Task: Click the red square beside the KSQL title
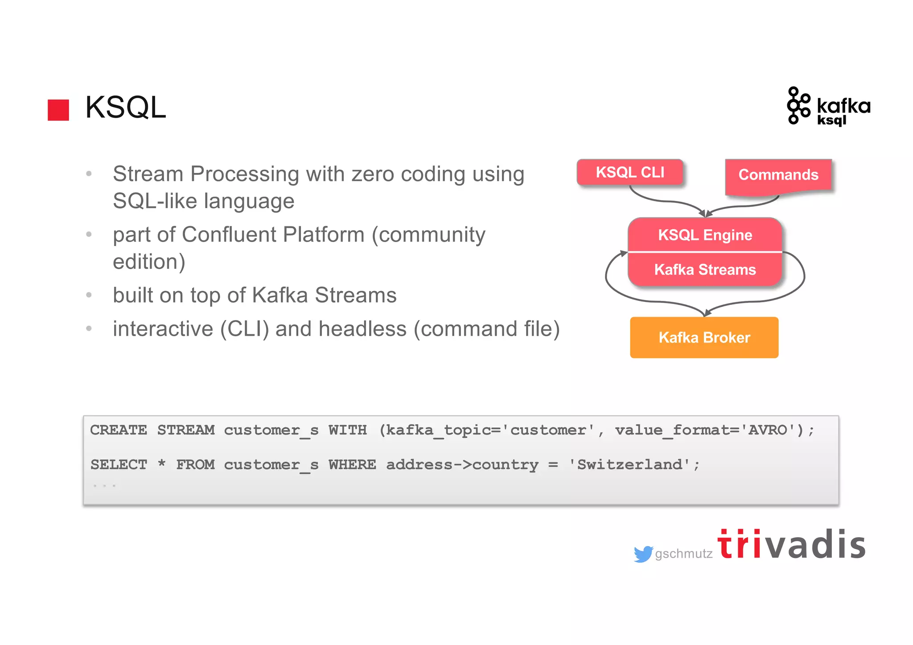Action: tap(58, 110)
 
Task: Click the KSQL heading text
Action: tap(125, 107)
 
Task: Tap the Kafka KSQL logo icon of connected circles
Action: tap(798, 106)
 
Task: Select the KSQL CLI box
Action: tap(630, 172)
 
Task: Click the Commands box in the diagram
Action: tap(778, 175)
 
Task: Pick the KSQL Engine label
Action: tap(705, 235)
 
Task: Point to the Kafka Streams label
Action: tap(705, 270)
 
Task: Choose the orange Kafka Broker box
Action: tap(704, 337)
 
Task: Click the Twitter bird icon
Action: tap(643, 554)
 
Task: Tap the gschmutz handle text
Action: tap(683, 554)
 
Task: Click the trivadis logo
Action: tap(791, 545)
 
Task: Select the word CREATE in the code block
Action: tap(118, 430)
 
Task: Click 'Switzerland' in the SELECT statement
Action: tap(629, 465)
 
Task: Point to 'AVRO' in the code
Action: tap(768, 430)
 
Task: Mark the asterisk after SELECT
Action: tap(161, 464)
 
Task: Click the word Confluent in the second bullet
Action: tap(228, 235)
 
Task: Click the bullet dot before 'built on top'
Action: tap(89, 295)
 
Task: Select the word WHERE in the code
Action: tap(352, 465)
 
